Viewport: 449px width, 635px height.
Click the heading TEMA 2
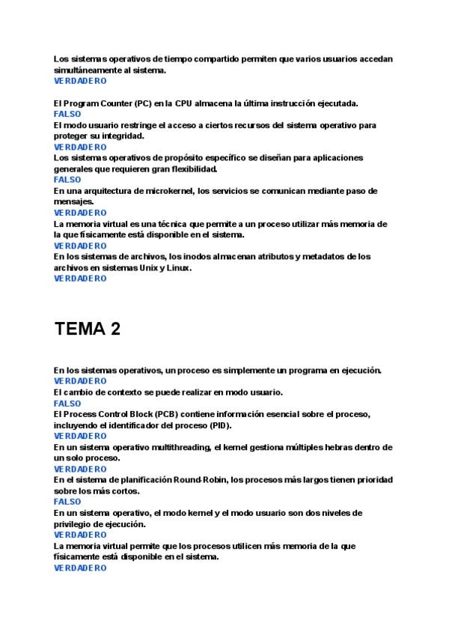tap(87, 329)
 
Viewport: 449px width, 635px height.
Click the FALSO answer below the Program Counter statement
tap(67, 114)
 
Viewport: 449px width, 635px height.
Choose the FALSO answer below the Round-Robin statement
tap(67, 502)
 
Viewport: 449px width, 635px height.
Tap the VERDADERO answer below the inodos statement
tap(80, 279)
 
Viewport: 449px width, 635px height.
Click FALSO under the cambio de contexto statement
tap(67, 403)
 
